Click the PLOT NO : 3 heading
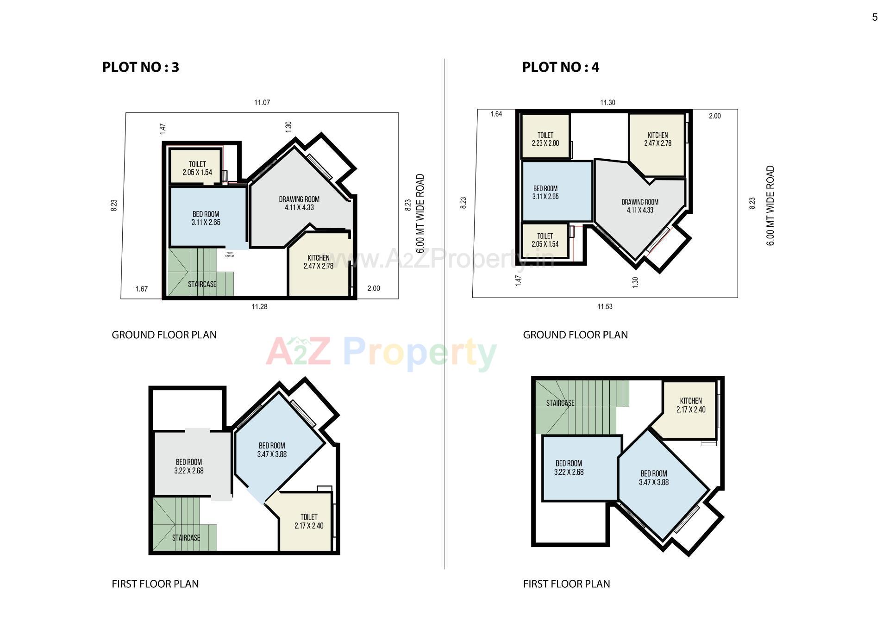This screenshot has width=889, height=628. [x=140, y=67]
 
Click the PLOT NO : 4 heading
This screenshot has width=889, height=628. [x=560, y=67]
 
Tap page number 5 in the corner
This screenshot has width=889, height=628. [x=875, y=17]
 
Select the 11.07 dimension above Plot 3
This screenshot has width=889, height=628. [x=262, y=102]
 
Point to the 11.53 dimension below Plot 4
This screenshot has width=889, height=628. [x=605, y=306]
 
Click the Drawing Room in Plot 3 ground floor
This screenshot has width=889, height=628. [x=299, y=204]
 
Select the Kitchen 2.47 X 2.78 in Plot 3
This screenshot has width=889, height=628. [x=319, y=262]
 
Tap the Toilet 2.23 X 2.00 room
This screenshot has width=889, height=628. [x=545, y=139]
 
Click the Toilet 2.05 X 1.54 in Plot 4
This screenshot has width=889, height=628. [x=545, y=240]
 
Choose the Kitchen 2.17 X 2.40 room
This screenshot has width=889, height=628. [x=691, y=405]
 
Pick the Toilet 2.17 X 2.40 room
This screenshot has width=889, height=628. [x=309, y=521]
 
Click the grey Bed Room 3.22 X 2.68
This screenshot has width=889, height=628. [x=189, y=466]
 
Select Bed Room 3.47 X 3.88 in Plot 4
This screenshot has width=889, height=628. [x=654, y=478]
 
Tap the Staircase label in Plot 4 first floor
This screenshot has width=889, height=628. [x=560, y=403]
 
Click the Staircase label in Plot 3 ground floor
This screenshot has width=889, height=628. [x=202, y=284]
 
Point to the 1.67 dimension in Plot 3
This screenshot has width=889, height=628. [x=141, y=289]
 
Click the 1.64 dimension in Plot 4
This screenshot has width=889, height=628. [x=496, y=114]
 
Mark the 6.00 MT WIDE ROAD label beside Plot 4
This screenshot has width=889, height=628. [x=770, y=205]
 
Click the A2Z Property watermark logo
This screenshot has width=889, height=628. [x=381, y=353]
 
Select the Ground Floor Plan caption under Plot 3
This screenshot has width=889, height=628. [x=164, y=335]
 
